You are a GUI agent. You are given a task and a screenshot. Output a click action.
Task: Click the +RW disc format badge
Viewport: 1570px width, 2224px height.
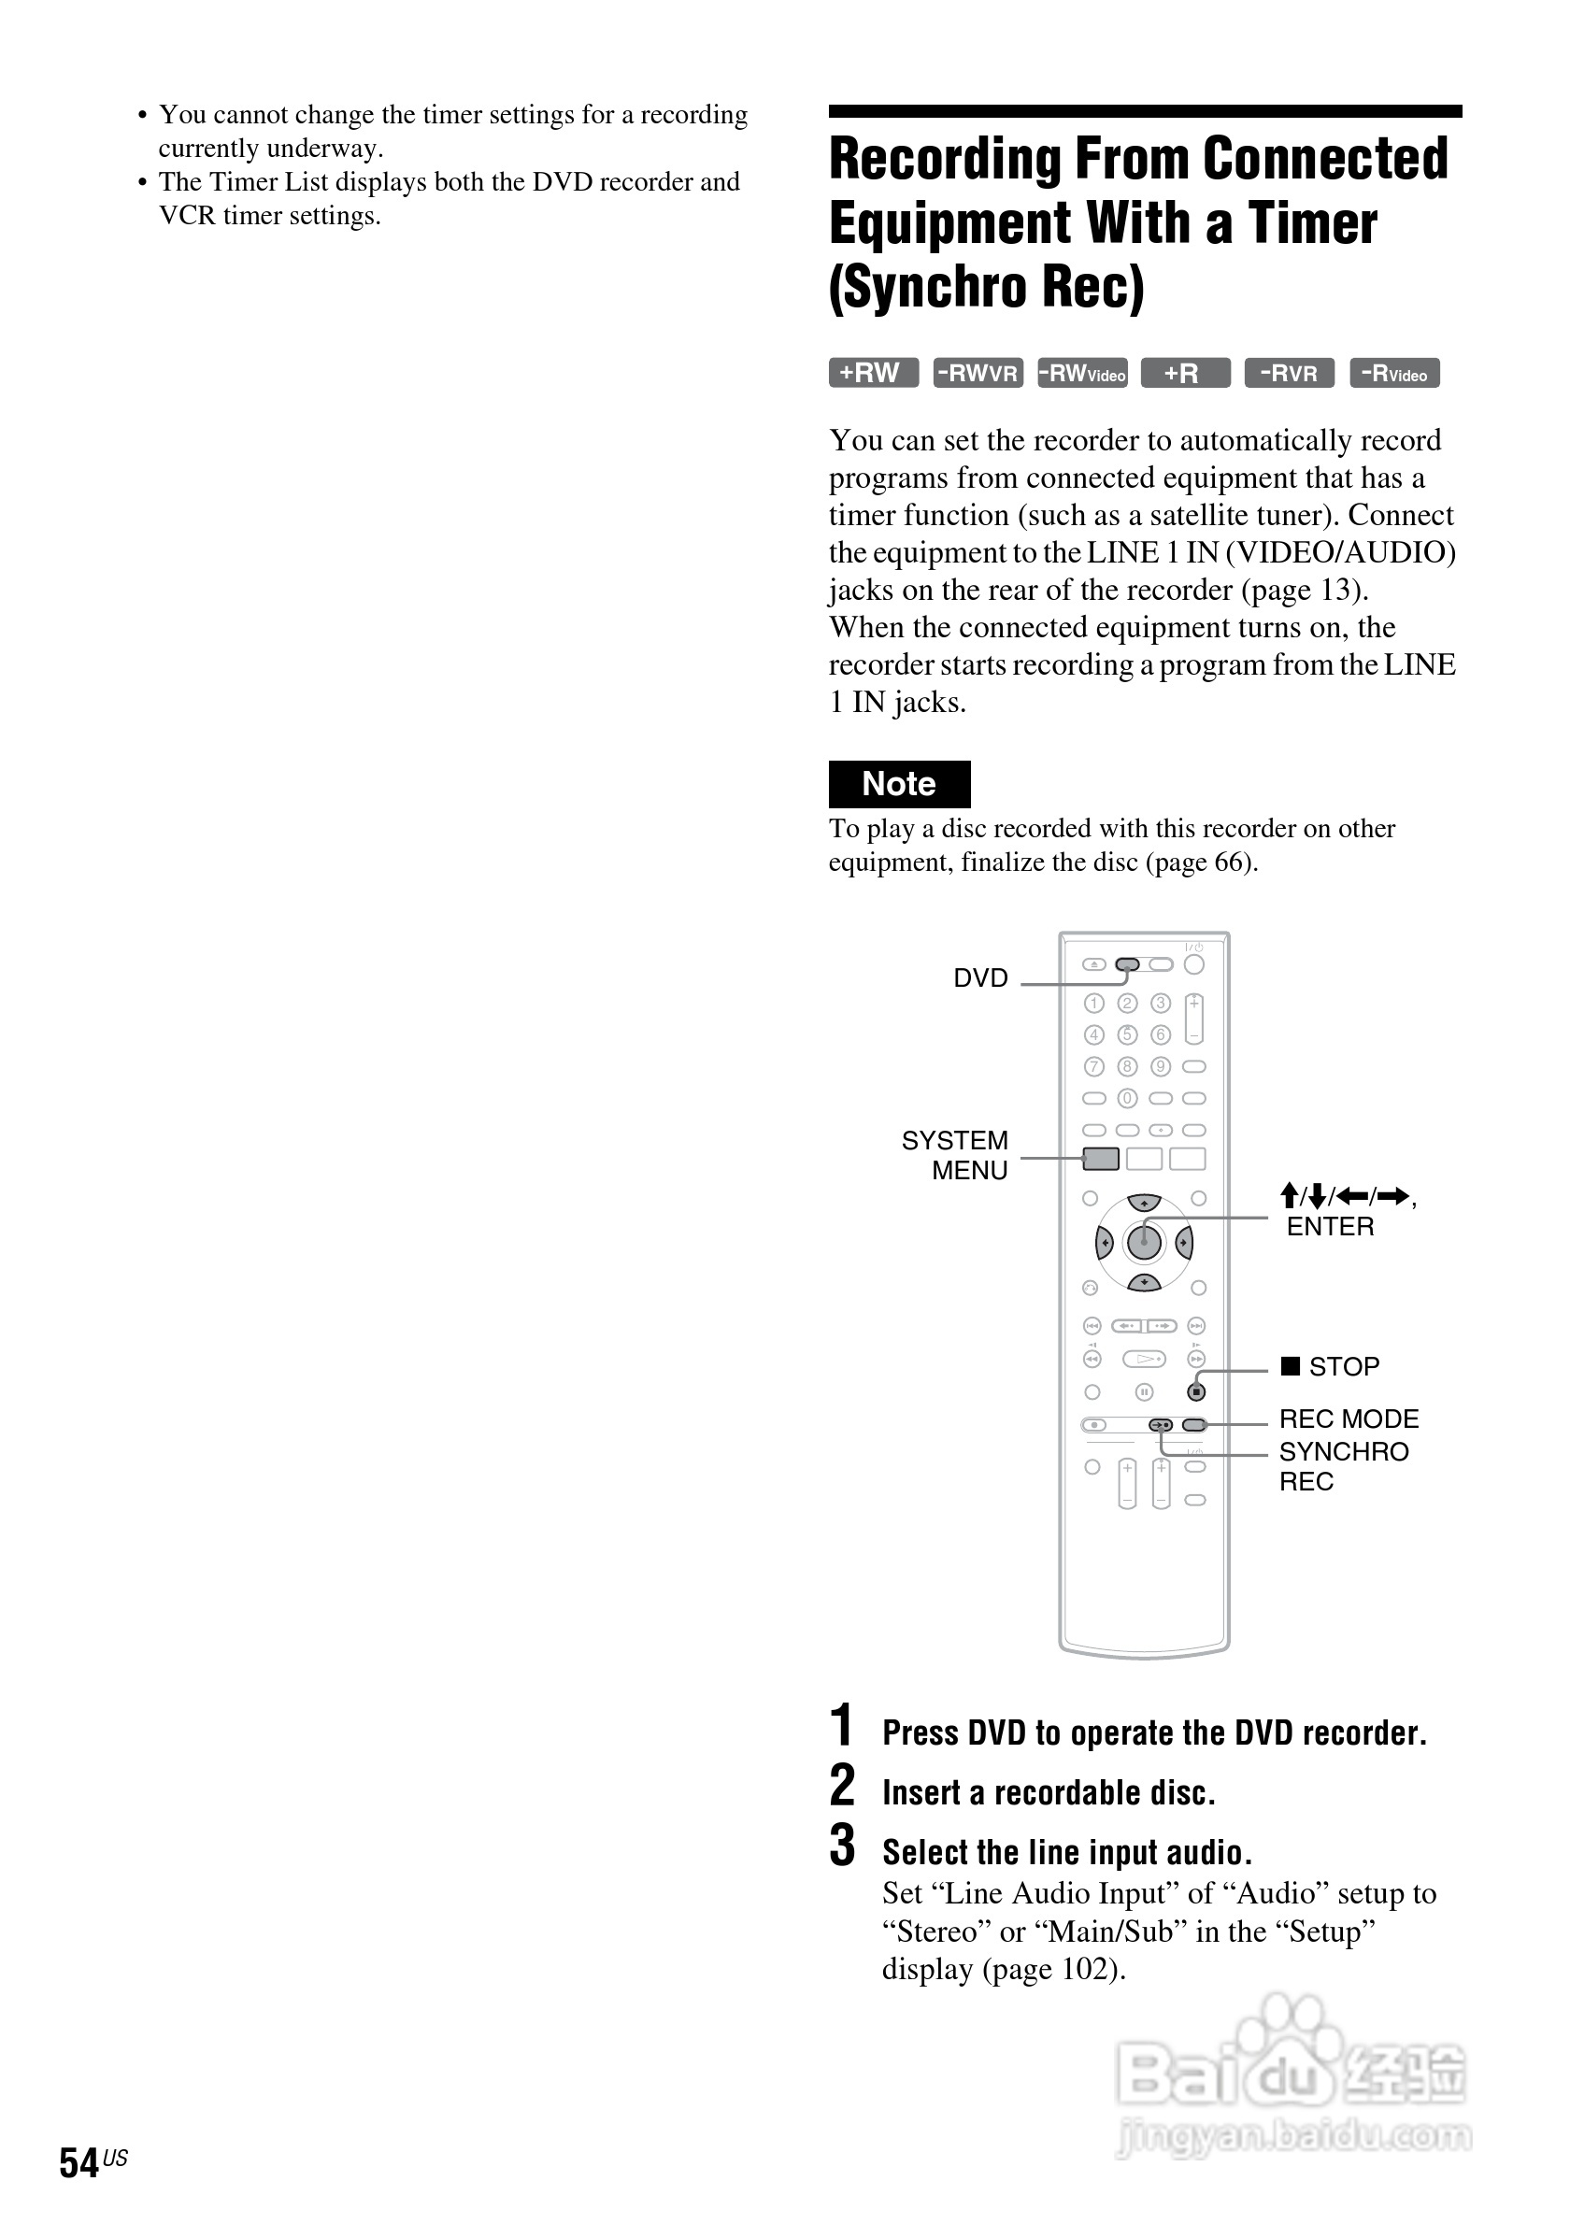pos(873,373)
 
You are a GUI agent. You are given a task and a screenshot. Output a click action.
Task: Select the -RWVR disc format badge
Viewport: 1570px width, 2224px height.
pos(978,373)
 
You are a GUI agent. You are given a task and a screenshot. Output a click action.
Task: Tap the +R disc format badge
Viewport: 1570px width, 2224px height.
pos(1185,373)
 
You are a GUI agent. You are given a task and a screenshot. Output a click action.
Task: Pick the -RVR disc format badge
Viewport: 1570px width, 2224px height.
pos(1289,373)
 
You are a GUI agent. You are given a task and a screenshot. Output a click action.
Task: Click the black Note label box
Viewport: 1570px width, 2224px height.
pos(899,784)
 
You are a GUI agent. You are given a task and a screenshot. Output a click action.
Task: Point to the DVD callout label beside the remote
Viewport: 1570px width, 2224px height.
pos(980,978)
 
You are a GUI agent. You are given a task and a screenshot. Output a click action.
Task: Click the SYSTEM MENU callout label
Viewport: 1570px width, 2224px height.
pos(955,1155)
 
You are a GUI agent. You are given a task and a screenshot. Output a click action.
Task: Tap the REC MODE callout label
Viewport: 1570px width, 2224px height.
pos(1349,1419)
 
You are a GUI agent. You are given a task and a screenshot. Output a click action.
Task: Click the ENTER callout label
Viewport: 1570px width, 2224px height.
pos(1330,1226)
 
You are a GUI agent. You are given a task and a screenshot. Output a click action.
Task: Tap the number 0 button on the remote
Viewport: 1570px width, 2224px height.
pos(1126,1098)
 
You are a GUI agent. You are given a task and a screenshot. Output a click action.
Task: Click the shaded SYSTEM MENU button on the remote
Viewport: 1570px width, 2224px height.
pos(1100,1159)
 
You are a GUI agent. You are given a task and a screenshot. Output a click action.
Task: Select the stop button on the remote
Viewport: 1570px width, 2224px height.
pos(1197,1392)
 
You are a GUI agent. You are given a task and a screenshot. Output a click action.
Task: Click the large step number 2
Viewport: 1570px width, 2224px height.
pos(843,1784)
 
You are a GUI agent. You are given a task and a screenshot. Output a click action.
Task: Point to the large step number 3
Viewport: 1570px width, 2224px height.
pos(843,1845)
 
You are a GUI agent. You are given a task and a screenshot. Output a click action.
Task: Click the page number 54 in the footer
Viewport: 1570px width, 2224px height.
pos(78,2163)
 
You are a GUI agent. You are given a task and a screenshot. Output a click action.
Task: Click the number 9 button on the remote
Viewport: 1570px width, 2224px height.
pos(1161,1066)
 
